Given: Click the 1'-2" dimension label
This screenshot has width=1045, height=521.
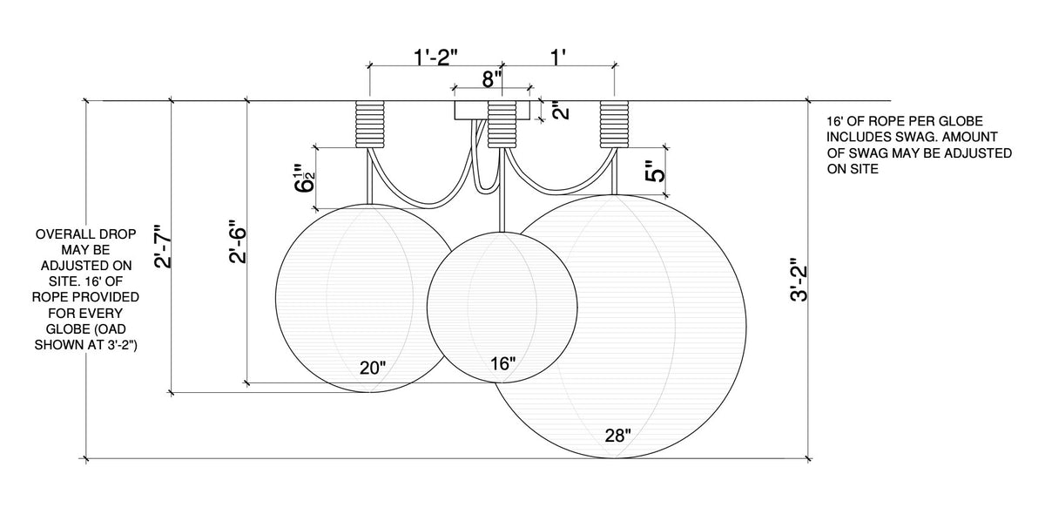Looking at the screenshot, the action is pyautogui.click(x=435, y=58).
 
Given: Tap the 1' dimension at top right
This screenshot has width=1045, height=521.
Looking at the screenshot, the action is pyautogui.click(x=558, y=58).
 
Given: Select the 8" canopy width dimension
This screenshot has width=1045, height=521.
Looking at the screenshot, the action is pyautogui.click(x=492, y=79).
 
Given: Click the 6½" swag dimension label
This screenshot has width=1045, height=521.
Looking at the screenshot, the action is pyautogui.click(x=305, y=178).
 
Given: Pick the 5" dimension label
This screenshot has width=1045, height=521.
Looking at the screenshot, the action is pyautogui.click(x=657, y=172).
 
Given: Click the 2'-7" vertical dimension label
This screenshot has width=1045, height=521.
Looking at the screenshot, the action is pyautogui.click(x=164, y=247).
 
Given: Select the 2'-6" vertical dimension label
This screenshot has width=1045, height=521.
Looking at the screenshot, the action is pyautogui.click(x=238, y=241).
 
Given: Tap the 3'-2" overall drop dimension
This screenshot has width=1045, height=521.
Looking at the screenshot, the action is pyautogui.click(x=799, y=279).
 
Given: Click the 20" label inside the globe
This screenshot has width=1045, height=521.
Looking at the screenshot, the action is pyautogui.click(x=373, y=368).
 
